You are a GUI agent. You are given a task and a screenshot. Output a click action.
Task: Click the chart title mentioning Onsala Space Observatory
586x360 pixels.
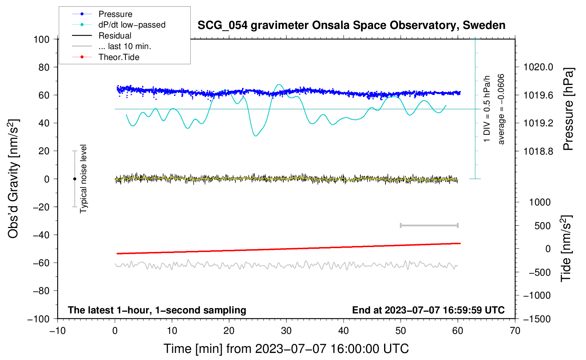click(x=351, y=25)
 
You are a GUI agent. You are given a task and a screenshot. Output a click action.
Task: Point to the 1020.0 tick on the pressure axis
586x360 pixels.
click(x=538, y=67)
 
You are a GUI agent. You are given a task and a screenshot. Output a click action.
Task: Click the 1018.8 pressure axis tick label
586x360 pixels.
click(x=538, y=151)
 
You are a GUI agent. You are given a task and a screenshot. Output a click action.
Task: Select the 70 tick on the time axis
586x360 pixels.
click(x=515, y=331)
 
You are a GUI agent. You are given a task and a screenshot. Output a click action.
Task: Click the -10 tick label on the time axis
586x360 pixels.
click(x=58, y=331)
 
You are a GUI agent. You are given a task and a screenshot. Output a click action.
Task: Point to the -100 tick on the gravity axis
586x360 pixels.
click(x=38, y=319)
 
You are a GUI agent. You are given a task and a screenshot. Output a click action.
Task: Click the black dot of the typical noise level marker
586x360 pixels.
click(x=74, y=179)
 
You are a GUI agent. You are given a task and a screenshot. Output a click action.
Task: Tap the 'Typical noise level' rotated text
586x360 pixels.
click(x=83, y=179)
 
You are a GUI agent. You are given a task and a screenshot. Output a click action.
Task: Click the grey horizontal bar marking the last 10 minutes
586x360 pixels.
click(x=429, y=226)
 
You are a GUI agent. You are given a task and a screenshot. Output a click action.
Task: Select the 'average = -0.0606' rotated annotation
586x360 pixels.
click(x=501, y=109)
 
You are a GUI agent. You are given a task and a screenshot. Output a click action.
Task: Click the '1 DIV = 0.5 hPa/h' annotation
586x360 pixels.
click(x=486, y=109)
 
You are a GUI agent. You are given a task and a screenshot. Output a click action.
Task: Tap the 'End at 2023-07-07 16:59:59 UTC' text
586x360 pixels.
click(x=428, y=310)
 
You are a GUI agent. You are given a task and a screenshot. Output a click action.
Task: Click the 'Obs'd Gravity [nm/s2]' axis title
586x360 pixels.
click(x=13, y=179)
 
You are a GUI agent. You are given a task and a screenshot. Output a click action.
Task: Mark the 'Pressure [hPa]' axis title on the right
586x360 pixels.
click(x=568, y=109)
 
